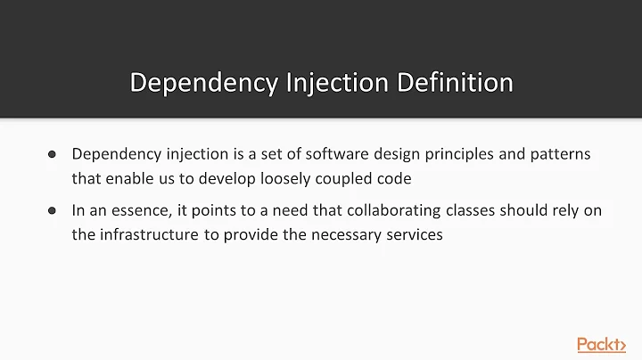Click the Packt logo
coord(601,345)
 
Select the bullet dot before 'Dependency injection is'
coord(52,154)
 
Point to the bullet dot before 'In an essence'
coord(52,211)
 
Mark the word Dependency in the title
coord(202,83)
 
